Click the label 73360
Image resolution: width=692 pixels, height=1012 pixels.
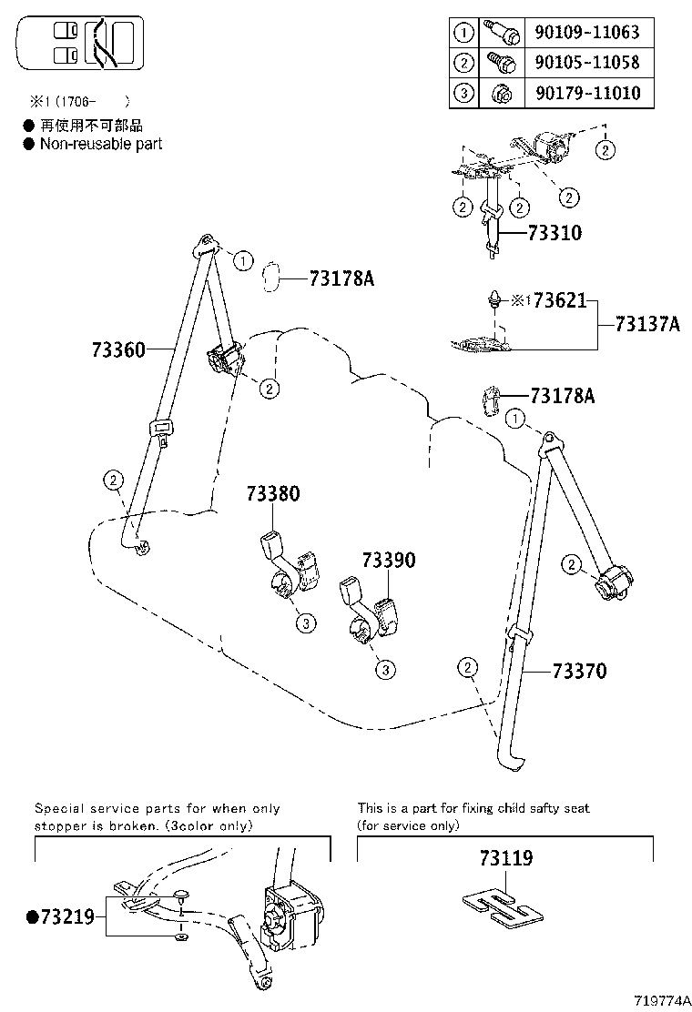[118, 349]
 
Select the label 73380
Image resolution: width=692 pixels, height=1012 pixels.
[272, 494]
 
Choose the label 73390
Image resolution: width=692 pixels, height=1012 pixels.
[389, 561]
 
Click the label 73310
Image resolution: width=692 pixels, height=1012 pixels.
[555, 233]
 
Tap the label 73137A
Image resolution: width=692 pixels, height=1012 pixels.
[647, 324]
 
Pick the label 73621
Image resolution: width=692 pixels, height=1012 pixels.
[559, 300]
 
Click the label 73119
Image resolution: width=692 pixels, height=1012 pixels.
[505, 858]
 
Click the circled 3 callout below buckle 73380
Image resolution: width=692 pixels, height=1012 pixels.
[306, 623]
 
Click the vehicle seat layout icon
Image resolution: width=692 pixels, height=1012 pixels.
[80, 46]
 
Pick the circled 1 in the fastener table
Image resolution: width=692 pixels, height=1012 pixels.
[463, 33]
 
